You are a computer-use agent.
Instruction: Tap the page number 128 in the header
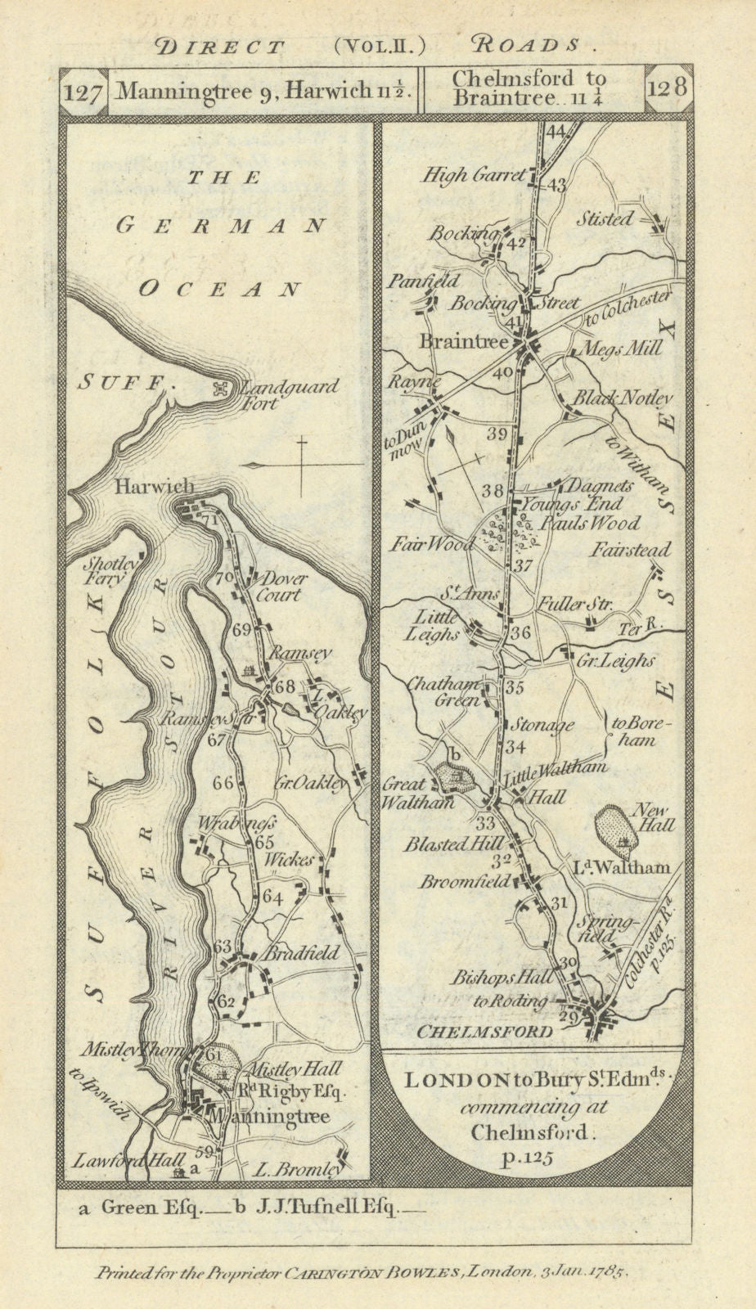(x=668, y=87)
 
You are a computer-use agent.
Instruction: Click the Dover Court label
(x=281, y=586)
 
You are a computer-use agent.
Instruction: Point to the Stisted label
(x=604, y=218)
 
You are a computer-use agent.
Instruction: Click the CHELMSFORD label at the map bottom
(x=484, y=1032)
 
